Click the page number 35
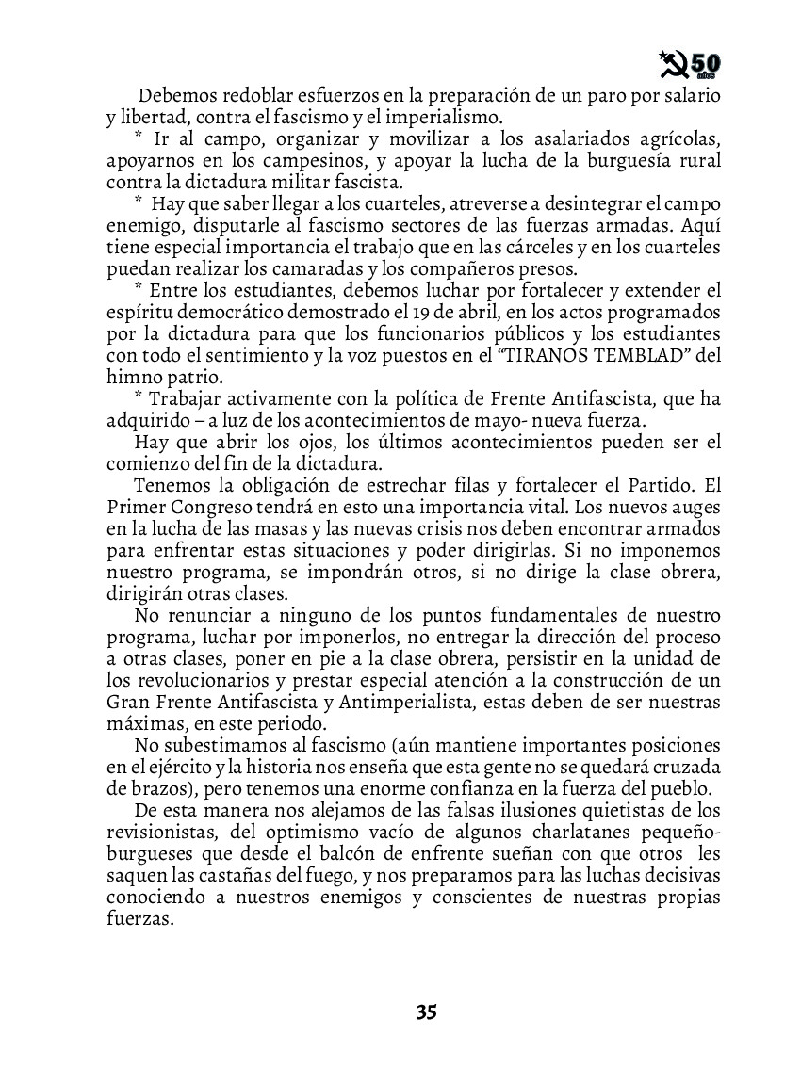(x=426, y=1013)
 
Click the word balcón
(x=384, y=855)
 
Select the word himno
(x=131, y=377)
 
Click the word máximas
(x=140, y=724)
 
